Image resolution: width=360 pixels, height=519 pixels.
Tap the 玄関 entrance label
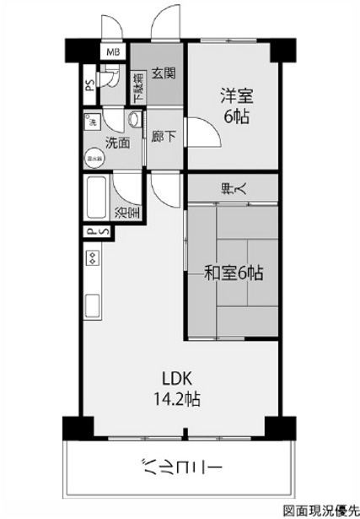[x=164, y=74]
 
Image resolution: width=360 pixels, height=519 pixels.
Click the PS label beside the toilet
[x=89, y=87]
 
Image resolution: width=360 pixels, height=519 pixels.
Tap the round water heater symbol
[x=93, y=157]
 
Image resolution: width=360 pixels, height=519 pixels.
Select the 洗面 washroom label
[x=117, y=143]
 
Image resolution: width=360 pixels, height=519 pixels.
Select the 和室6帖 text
[x=234, y=273]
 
